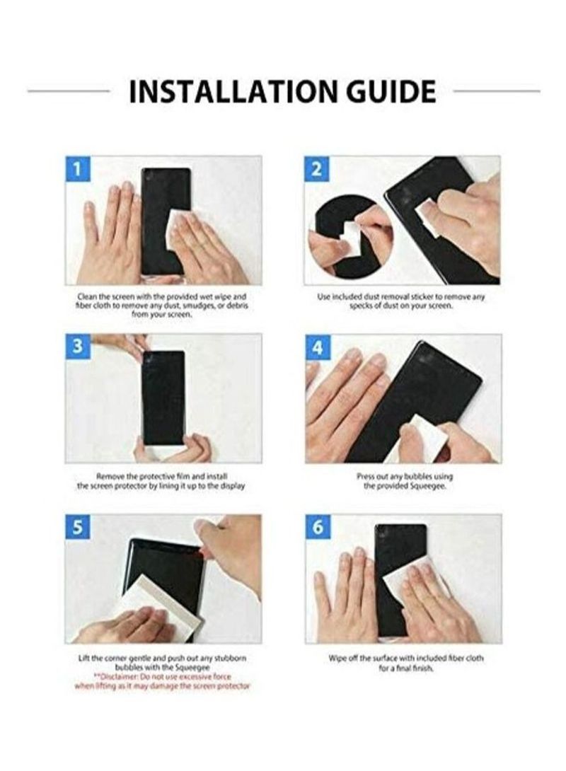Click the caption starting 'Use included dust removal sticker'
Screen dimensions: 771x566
pos(401,301)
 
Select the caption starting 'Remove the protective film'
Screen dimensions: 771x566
pos(161,482)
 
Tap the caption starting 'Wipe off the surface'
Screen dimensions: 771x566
pos(406,663)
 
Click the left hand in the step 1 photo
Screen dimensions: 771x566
pos(110,233)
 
